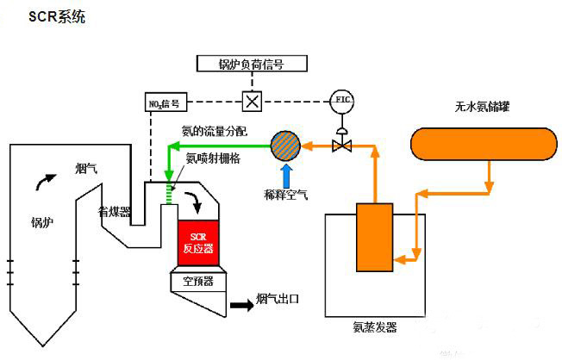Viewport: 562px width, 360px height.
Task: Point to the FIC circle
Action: [342, 101]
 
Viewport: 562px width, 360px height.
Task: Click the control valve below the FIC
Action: [342, 145]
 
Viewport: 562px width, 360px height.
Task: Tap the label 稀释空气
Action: [286, 195]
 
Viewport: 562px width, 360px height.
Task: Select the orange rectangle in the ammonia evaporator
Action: [373, 238]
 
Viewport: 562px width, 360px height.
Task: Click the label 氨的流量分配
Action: [214, 131]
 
